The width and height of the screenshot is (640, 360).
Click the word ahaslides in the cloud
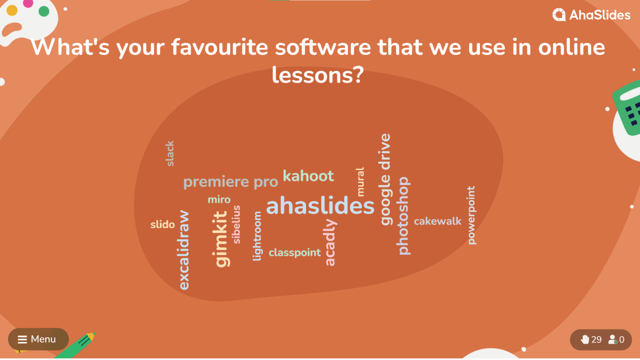pyautogui.click(x=320, y=206)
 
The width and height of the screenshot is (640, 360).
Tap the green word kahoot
pyautogui.click(x=308, y=176)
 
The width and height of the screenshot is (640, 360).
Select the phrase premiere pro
pyautogui.click(x=230, y=182)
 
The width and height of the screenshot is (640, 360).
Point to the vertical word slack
pyautogui.click(x=170, y=154)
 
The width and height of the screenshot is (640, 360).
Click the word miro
pyautogui.click(x=219, y=200)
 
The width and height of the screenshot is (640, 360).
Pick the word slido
pyautogui.click(x=162, y=225)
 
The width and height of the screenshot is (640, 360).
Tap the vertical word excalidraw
pyautogui.click(x=184, y=250)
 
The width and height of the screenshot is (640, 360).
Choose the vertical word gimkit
pyautogui.click(x=221, y=239)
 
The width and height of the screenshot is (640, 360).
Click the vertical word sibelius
pyautogui.click(x=237, y=224)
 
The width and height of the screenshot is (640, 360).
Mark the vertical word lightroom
pyautogui.click(x=257, y=236)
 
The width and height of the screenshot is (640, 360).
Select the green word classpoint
pyautogui.click(x=295, y=252)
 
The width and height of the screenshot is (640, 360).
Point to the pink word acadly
pyautogui.click(x=330, y=242)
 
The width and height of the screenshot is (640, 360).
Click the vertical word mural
pyautogui.click(x=360, y=182)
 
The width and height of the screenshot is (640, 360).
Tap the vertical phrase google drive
pyautogui.click(x=386, y=180)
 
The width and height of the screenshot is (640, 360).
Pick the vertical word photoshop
pyautogui.click(x=403, y=215)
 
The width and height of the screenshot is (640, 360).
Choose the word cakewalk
pyautogui.click(x=437, y=221)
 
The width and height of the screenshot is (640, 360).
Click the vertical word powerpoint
pyautogui.click(x=471, y=215)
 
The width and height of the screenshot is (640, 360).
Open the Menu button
pyautogui.click(x=38, y=339)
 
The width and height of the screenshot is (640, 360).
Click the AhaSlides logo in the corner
pyautogui.click(x=591, y=15)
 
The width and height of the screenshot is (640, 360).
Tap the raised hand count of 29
pyautogui.click(x=592, y=340)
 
